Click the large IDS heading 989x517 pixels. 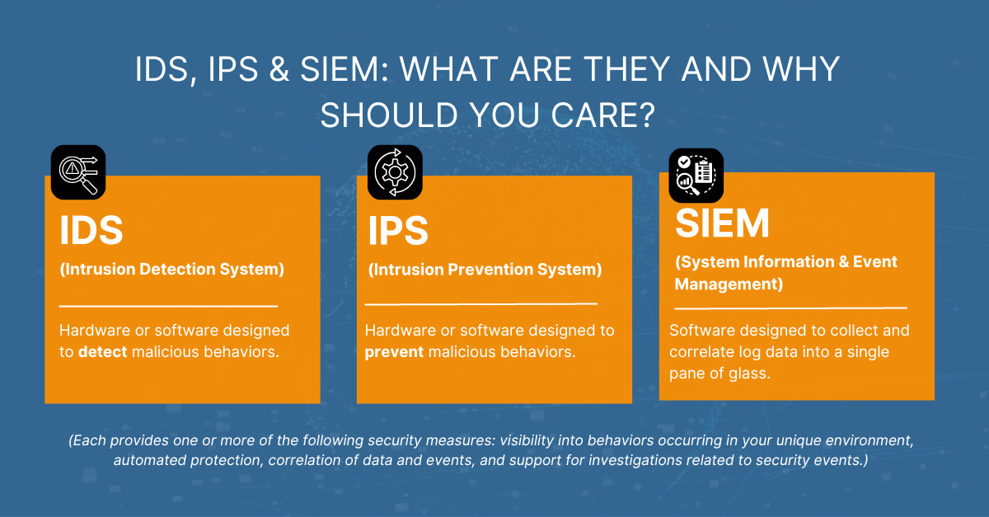point(91,232)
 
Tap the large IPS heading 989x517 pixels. point(398,232)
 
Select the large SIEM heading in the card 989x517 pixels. point(722,223)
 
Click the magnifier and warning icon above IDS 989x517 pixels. point(78,172)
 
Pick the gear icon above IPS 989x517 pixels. point(394,172)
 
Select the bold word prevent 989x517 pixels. point(394,352)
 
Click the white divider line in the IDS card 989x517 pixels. point(168,307)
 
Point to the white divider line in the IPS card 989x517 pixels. point(480,304)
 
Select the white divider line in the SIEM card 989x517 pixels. point(790,308)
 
